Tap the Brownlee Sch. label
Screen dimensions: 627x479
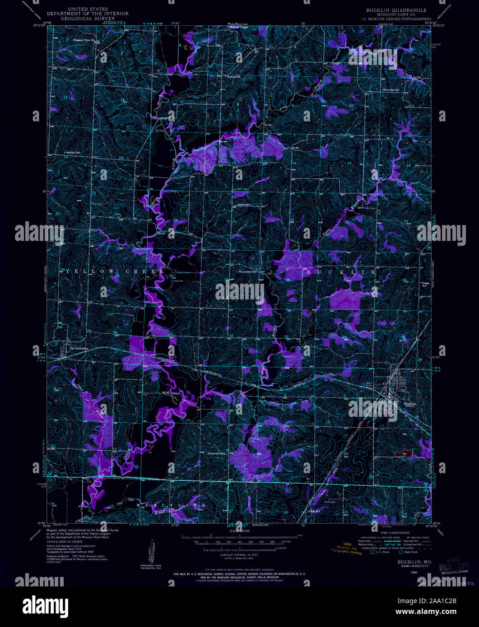[x=391, y=90]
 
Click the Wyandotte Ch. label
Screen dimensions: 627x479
[x=248, y=272]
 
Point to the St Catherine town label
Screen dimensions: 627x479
[x=77, y=348]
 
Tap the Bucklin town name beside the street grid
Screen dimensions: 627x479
[x=410, y=404]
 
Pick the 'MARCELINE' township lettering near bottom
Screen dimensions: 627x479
[x=172, y=505]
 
